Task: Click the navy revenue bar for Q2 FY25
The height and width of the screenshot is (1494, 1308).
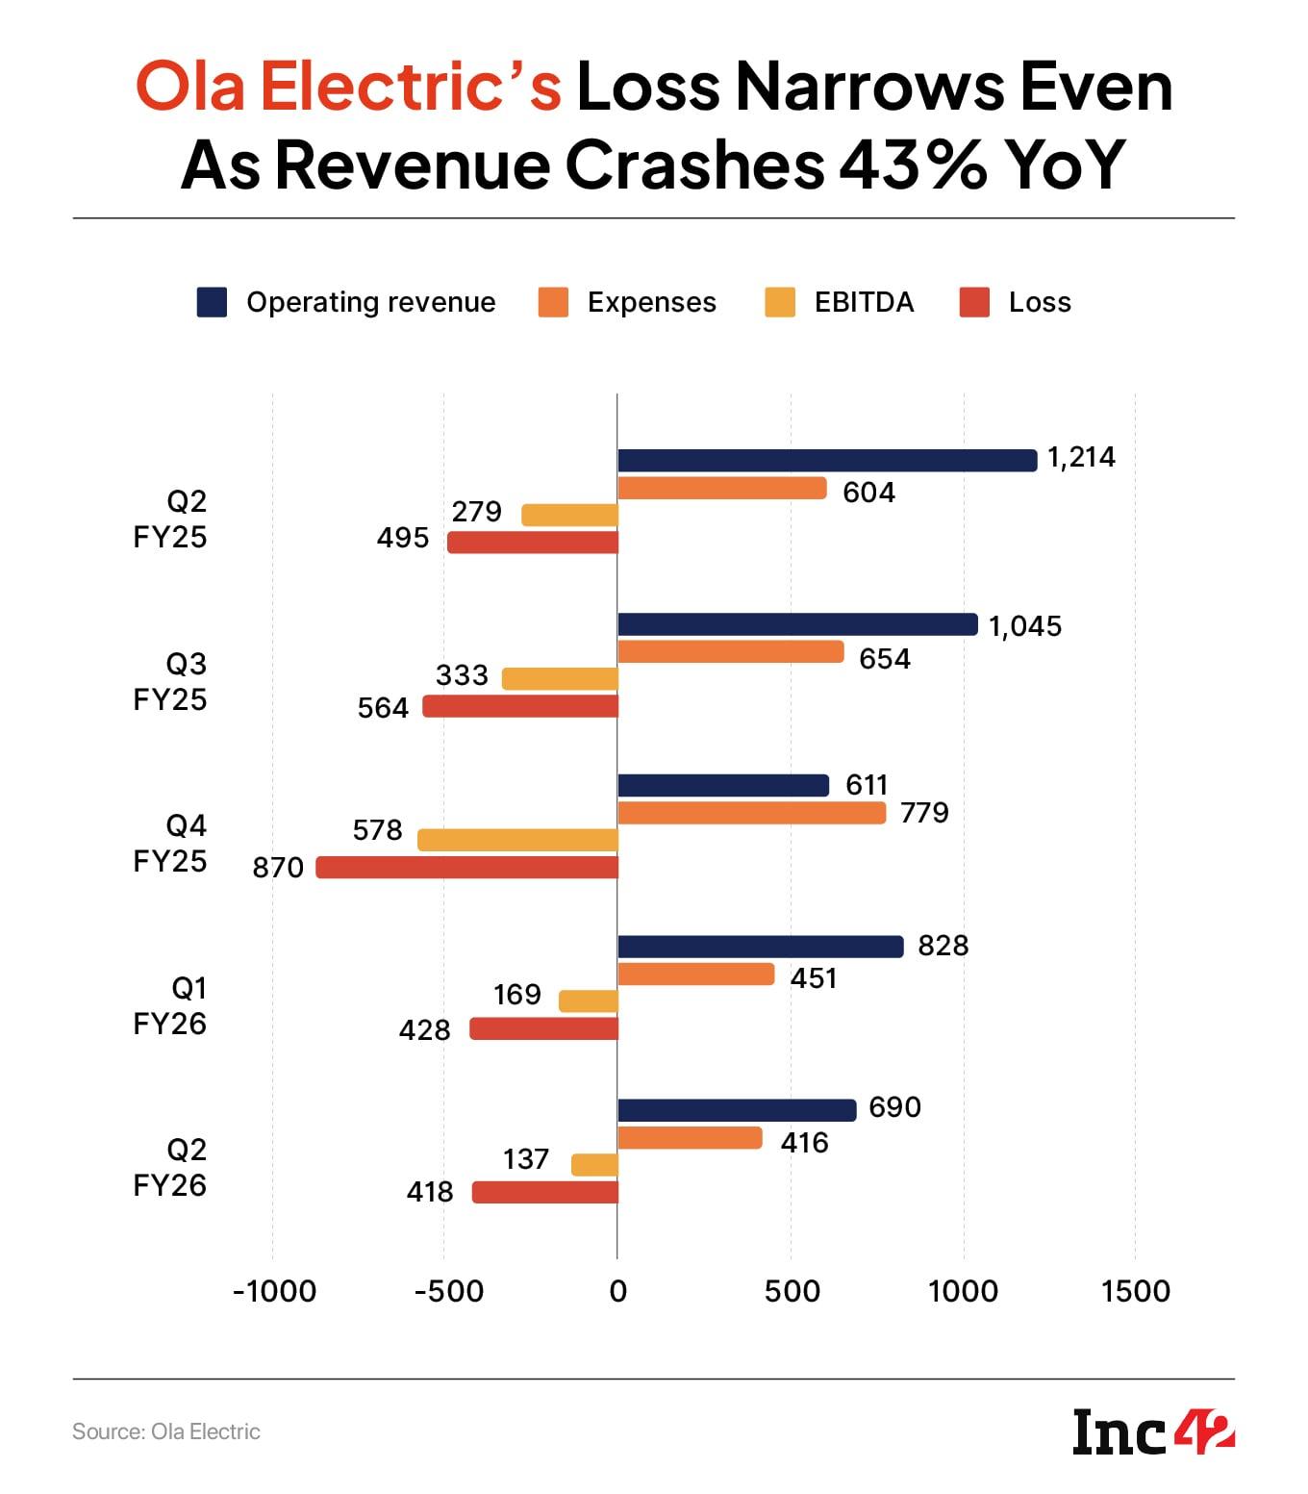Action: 827,461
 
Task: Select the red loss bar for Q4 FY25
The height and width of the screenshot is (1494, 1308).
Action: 467,868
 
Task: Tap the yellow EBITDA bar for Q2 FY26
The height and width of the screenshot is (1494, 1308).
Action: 594,1165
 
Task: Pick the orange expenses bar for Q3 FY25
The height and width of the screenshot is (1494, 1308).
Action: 731,652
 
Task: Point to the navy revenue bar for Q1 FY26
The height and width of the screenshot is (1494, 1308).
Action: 761,947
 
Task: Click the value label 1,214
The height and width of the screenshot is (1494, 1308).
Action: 1081,457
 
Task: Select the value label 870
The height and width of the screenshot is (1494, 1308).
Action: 278,868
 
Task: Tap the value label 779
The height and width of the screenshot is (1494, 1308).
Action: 924,813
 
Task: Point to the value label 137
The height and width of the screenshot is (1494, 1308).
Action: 526,1159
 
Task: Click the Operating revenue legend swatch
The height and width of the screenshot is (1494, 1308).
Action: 212,302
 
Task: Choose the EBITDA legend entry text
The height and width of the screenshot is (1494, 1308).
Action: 864,302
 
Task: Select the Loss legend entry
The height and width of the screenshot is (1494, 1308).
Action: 1039,302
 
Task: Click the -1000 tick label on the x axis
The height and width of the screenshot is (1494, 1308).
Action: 274,1291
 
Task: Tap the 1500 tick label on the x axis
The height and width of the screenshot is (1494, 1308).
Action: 1136,1291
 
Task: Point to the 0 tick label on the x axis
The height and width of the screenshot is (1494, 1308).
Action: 617,1291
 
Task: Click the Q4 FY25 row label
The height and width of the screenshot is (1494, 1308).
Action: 171,843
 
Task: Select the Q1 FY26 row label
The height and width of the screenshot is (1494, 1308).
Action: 171,1005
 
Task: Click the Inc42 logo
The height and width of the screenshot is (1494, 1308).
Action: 1153,1433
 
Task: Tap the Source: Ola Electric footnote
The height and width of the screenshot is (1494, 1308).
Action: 166,1431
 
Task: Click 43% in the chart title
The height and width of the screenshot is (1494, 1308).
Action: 913,165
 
